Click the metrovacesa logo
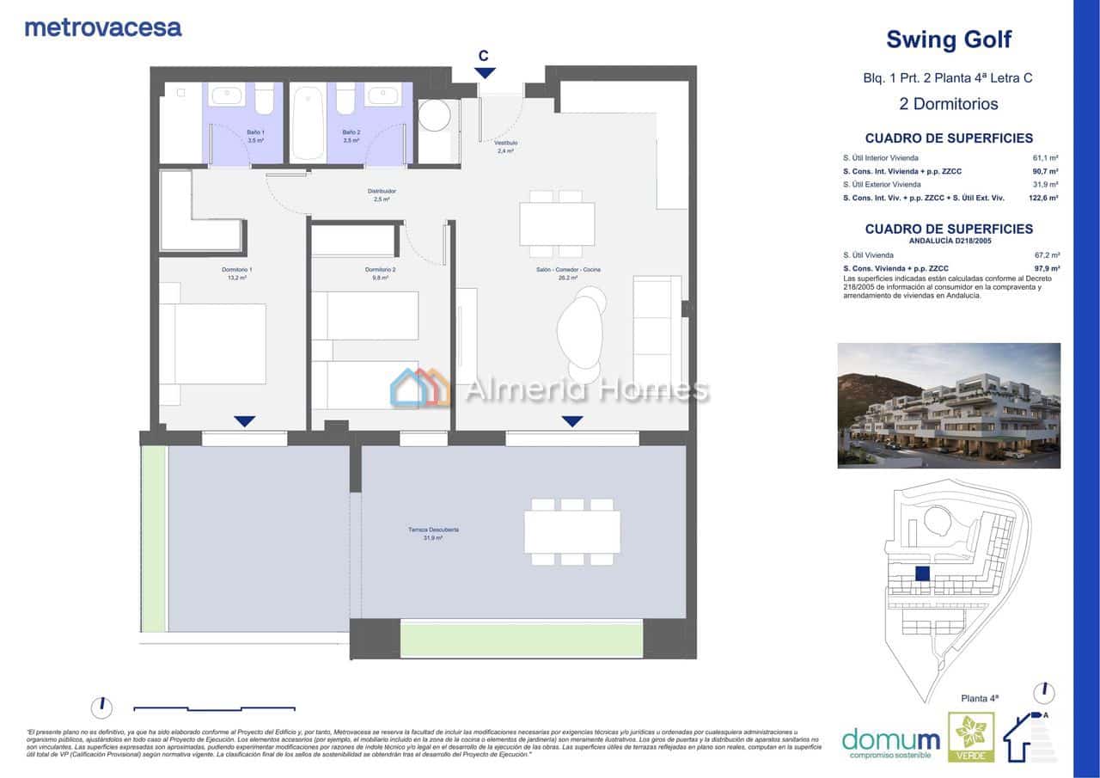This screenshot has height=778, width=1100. tap(103, 28)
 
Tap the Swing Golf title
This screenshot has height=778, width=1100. tap(948, 40)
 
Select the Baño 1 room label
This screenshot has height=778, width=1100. tap(230, 136)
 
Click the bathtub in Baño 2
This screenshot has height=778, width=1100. tap(308, 122)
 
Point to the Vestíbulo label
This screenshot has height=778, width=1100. tap(505, 146)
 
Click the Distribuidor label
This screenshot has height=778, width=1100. tap(382, 195)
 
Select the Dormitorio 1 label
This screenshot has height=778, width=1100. tap(236, 273)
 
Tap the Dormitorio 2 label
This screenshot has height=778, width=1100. tap(379, 273)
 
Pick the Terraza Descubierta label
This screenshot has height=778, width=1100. tap(433, 534)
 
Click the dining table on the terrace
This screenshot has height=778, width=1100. tap(572, 532)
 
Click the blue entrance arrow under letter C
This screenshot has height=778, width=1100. tap(485, 74)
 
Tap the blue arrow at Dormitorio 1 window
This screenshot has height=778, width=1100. tap(245, 421)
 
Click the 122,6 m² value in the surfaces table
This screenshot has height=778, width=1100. tap(1043, 198)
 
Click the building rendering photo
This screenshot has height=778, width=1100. tap(949, 406)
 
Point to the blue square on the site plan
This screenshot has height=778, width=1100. tap(923, 574)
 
